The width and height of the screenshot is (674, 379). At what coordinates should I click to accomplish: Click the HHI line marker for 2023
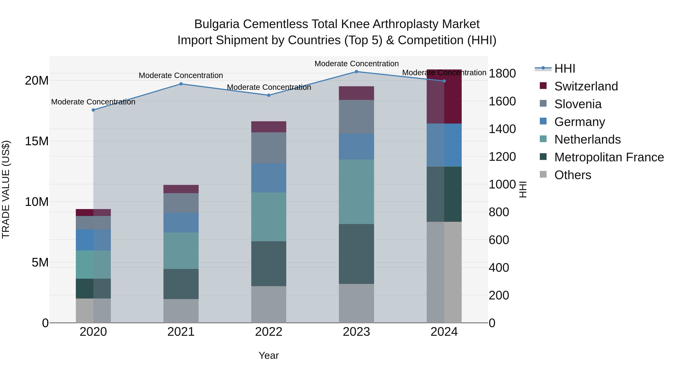[356, 71]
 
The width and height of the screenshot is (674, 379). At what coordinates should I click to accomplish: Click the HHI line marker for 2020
[93, 110]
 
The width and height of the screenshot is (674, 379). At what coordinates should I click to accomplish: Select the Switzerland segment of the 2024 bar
[444, 97]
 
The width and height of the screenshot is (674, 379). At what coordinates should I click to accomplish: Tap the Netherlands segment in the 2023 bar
[356, 191]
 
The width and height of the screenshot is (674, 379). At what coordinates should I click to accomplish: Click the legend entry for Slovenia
[578, 104]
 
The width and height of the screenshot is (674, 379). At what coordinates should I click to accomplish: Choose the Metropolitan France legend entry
[609, 157]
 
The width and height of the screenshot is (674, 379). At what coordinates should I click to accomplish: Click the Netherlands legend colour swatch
[543, 139]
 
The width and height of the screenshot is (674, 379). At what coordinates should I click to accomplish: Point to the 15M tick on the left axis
[37, 141]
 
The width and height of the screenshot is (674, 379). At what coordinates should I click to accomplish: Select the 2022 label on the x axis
[268, 332]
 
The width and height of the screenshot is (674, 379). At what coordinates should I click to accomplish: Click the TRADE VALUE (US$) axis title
[6, 189]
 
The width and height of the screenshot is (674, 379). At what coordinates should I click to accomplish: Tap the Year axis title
[268, 355]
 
